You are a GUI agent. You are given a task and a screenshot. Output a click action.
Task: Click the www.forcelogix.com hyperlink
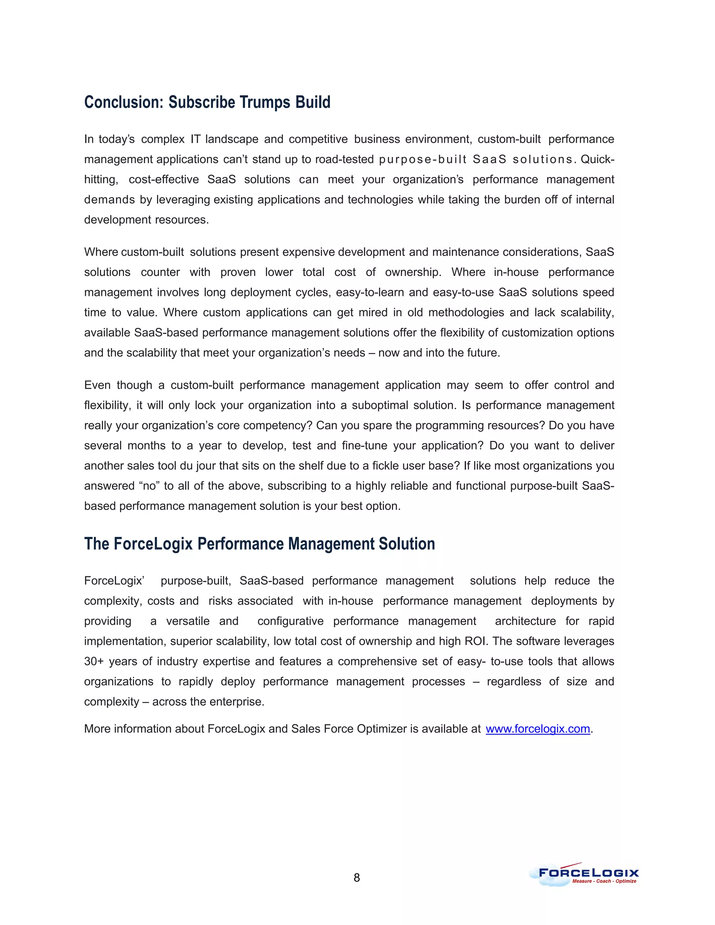point(538,728)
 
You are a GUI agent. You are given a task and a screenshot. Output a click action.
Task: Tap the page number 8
point(357,878)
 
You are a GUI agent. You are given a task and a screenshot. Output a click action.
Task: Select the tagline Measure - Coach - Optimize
point(604,881)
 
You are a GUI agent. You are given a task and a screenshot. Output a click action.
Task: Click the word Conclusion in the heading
point(123,103)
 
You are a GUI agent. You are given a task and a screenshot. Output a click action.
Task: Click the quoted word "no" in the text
point(149,486)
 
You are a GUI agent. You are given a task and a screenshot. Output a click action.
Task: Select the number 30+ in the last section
point(94,661)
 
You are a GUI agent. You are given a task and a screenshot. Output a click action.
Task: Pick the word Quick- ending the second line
point(597,159)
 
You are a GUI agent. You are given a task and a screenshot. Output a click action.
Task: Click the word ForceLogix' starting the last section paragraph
point(114,581)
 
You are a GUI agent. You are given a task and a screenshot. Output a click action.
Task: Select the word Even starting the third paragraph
point(97,385)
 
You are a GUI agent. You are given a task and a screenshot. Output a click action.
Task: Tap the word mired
point(373,312)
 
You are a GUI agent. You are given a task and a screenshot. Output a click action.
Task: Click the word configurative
point(290,621)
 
